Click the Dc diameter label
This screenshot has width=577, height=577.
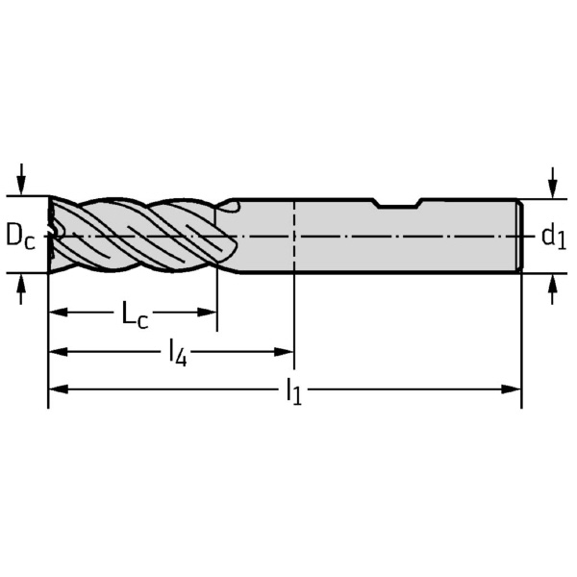pyautogui.click(x=20, y=236)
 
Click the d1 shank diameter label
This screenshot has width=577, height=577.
pyautogui.click(x=554, y=237)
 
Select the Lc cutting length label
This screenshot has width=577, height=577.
pyautogui.click(x=135, y=314)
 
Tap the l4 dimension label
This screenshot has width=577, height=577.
pyautogui.click(x=177, y=353)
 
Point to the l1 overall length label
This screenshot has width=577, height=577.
pyautogui.click(x=294, y=391)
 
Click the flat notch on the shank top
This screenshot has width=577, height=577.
pyautogui.click(x=398, y=204)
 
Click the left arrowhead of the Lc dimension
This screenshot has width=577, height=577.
pyautogui.click(x=58, y=313)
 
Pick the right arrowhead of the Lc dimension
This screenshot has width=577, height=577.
pyautogui.click(x=207, y=313)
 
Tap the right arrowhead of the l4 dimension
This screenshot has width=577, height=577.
pyautogui.click(x=284, y=352)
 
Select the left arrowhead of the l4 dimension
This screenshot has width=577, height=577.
pyautogui.click(x=58, y=352)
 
